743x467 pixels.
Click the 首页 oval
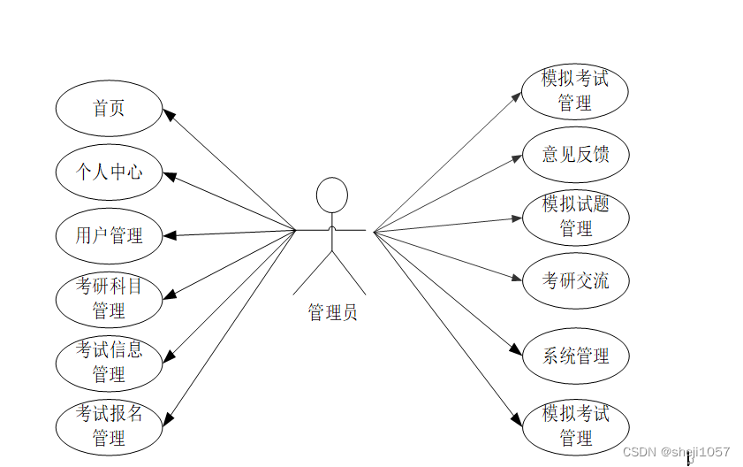point(109,109)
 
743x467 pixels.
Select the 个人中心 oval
point(109,172)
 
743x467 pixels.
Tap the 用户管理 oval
point(109,235)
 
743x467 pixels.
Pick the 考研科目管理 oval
point(109,299)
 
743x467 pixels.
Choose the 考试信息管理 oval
point(109,362)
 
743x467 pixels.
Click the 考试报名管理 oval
point(109,425)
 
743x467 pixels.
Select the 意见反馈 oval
point(575,155)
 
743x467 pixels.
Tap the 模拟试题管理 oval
point(575,217)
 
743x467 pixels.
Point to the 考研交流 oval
point(575,281)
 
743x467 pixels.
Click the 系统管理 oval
point(575,356)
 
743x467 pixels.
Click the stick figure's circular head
point(332,195)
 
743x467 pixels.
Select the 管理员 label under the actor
point(332,312)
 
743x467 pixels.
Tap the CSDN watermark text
point(676,452)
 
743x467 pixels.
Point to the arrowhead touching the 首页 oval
point(168,114)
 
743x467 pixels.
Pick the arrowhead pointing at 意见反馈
point(518,157)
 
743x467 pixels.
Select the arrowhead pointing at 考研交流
point(518,279)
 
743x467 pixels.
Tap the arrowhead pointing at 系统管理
point(518,351)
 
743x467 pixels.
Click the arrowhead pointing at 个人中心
point(169,174)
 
